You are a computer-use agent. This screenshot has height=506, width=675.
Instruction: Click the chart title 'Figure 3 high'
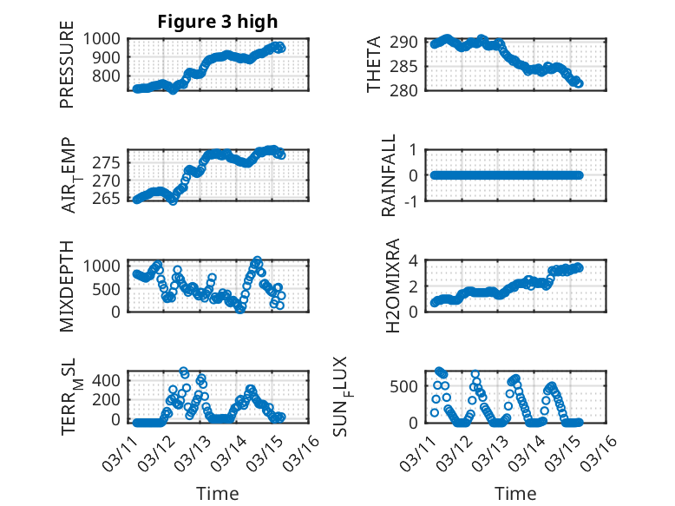(x=218, y=22)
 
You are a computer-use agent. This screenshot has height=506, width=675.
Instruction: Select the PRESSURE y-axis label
(x=68, y=69)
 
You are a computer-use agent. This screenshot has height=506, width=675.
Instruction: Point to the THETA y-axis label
(x=374, y=64)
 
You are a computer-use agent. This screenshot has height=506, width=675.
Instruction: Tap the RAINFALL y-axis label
(x=390, y=175)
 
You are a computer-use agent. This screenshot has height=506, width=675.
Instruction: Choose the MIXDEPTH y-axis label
(x=68, y=286)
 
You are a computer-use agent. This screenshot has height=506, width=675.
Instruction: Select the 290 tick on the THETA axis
(x=408, y=42)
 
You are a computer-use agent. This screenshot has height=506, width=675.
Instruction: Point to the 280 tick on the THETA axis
(x=408, y=90)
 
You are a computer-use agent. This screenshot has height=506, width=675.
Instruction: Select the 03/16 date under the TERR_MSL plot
(x=306, y=452)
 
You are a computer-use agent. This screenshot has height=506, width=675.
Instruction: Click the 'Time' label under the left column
(x=218, y=493)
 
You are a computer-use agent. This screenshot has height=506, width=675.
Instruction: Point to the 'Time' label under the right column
(x=515, y=493)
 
